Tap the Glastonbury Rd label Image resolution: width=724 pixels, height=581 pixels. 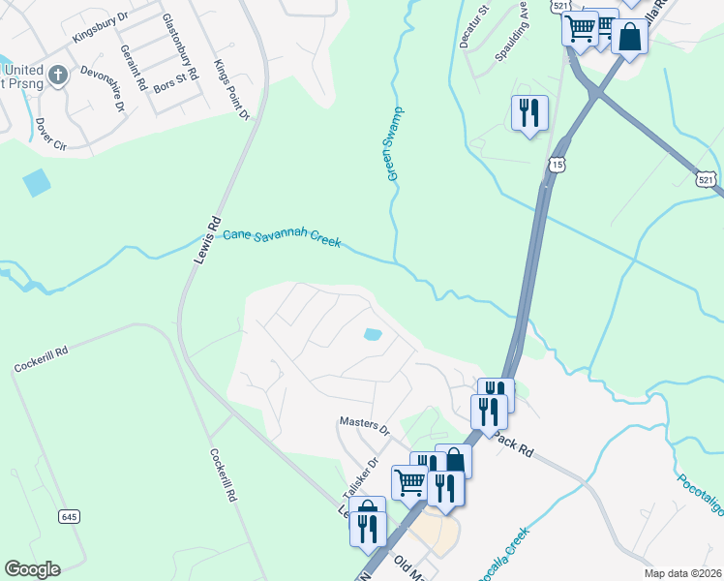coord(179,46)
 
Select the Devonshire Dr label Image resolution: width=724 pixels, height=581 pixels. coord(103,88)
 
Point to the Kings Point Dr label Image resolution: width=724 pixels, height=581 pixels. coord(231,90)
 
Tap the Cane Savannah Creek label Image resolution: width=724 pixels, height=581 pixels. coord(282,238)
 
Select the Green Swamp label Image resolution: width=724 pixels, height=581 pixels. coord(395,143)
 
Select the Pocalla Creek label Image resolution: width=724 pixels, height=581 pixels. coord(503,555)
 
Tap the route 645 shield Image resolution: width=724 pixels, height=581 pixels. coord(68,515)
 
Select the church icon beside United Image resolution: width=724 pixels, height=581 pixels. coord(58,75)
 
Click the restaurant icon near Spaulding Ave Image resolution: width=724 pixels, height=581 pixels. coord(528,112)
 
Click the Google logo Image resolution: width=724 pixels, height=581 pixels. coord(32,569)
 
